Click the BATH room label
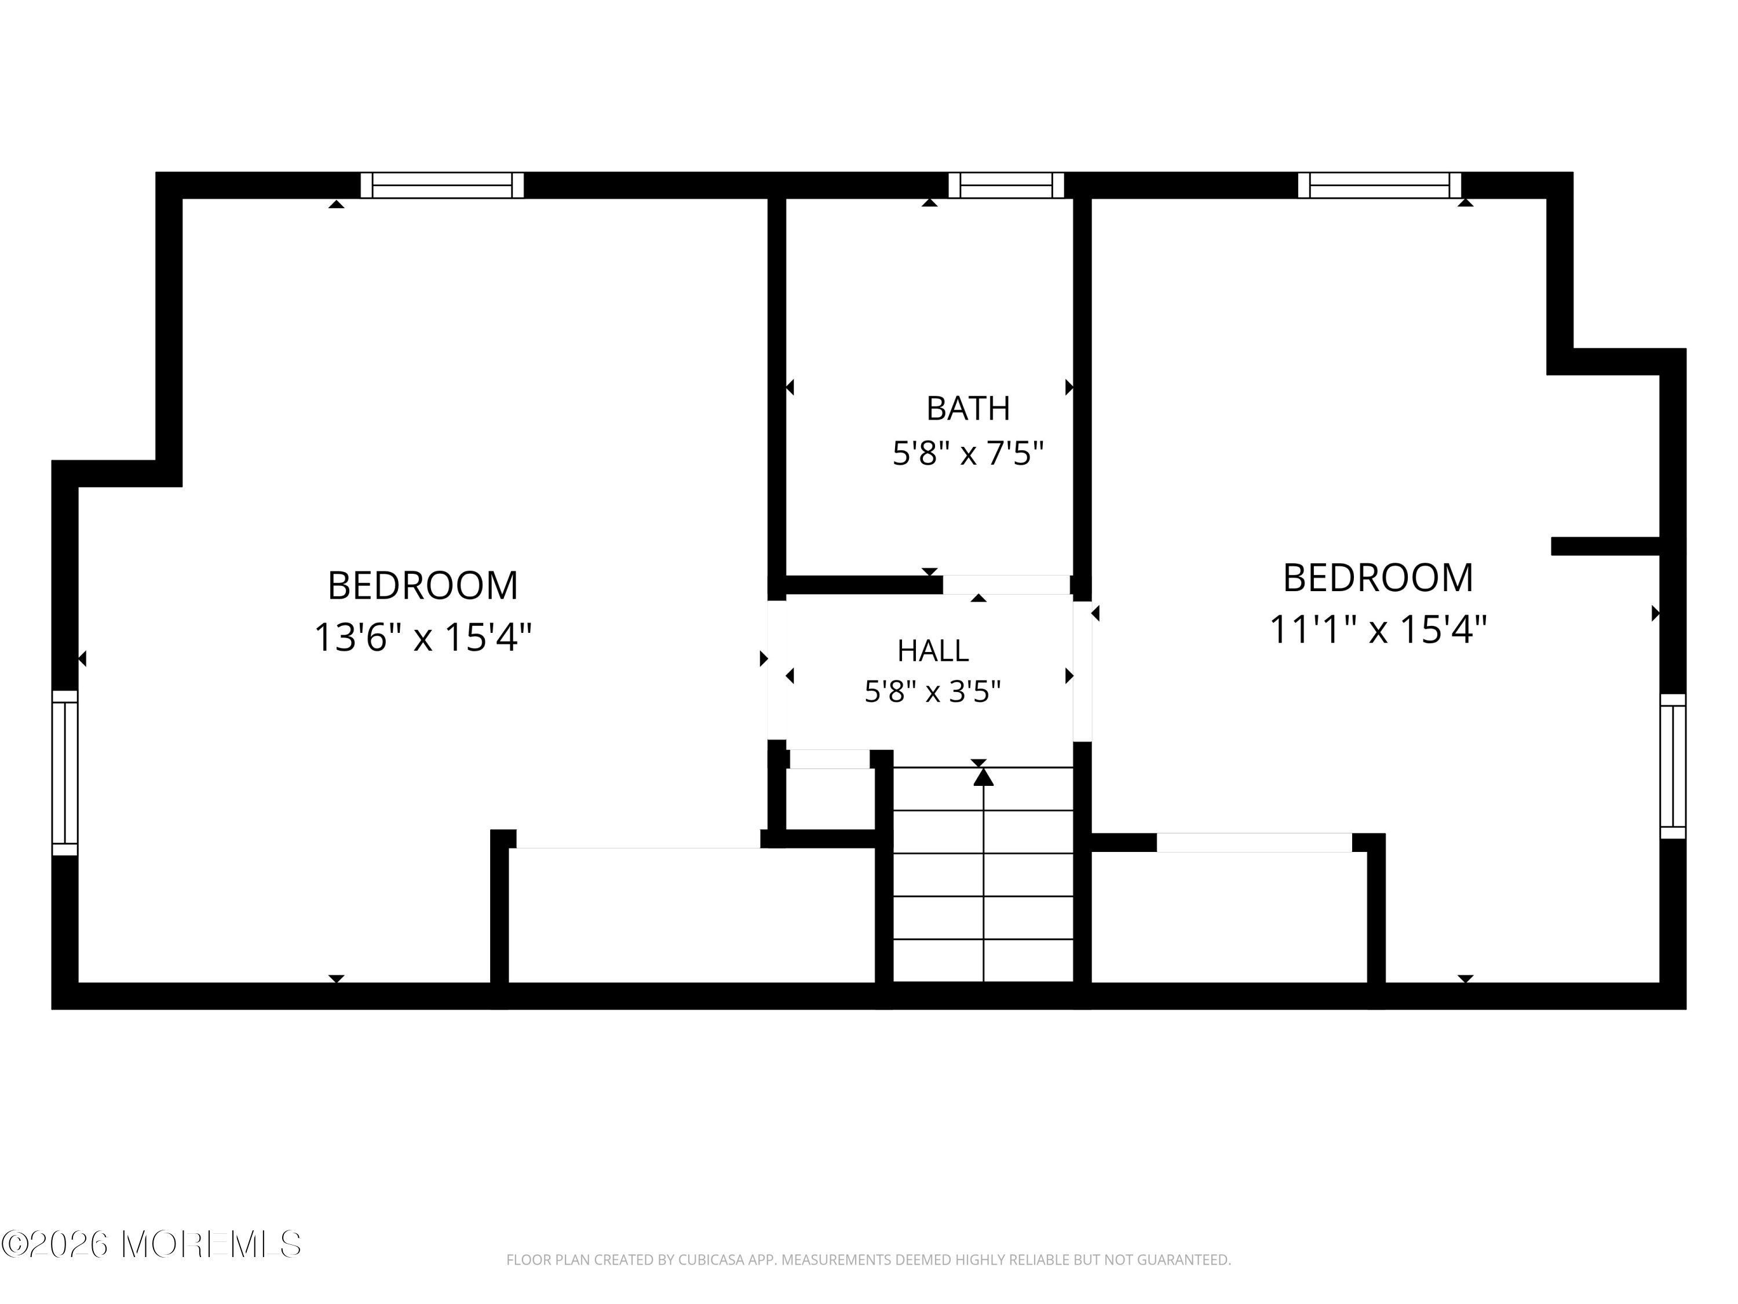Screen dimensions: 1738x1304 click(x=968, y=409)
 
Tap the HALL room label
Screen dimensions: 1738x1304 click(x=933, y=651)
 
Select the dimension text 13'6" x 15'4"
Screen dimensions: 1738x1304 click(x=423, y=638)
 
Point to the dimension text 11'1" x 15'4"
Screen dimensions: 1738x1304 click(x=1378, y=629)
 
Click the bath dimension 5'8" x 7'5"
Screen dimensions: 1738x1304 click(x=968, y=454)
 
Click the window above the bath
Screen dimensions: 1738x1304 click(x=1006, y=185)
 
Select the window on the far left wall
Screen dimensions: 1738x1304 click(x=65, y=773)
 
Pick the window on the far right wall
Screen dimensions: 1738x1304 click(x=1673, y=766)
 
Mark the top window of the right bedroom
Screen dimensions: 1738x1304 click(x=1380, y=185)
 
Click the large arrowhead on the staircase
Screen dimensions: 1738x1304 click(x=984, y=777)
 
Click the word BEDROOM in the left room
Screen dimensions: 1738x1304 click(x=423, y=585)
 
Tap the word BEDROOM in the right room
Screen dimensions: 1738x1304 click(x=1378, y=578)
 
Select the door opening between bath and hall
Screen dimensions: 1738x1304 click(x=1006, y=585)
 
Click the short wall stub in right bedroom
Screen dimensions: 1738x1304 click(x=1605, y=547)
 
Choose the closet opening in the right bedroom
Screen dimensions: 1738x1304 click(x=1254, y=843)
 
